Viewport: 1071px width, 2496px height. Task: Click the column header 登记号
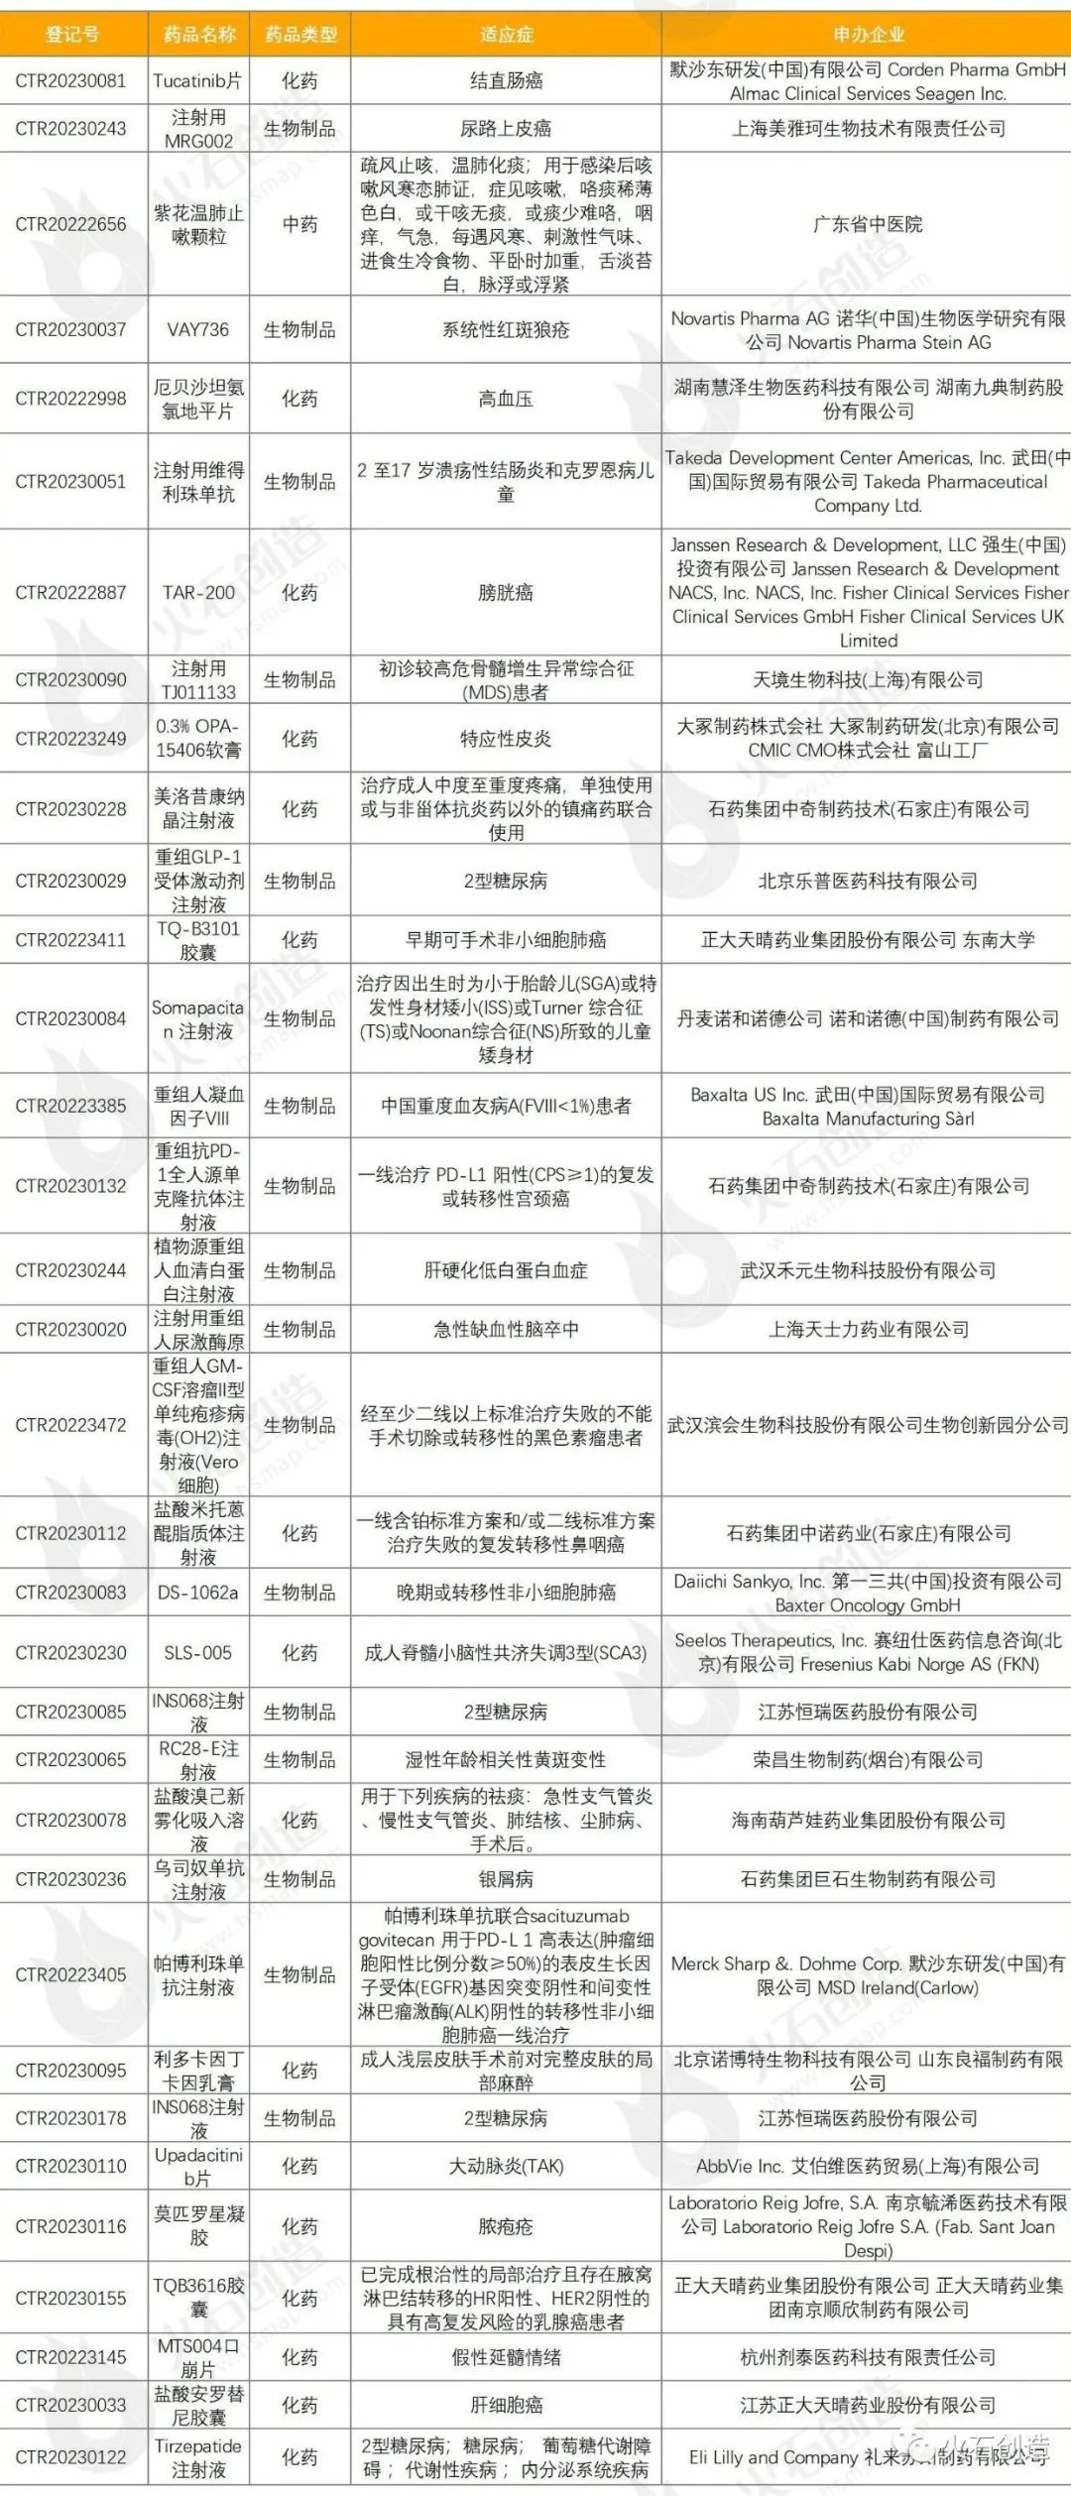(x=72, y=35)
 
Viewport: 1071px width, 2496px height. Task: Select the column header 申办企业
(x=868, y=35)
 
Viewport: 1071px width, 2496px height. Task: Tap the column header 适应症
(x=506, y=35)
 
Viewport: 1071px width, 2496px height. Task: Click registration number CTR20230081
(x=71, y=81)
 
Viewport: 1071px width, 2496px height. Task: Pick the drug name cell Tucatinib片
(x=198, y=81)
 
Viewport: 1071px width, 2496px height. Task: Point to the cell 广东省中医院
(x=868, y=224)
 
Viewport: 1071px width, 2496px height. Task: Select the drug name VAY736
(x=198, y=329)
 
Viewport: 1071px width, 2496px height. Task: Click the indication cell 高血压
(x=506, y=399)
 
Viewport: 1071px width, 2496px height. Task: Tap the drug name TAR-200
(x=198, y=592)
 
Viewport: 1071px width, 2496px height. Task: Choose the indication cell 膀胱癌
(x=506, y=592)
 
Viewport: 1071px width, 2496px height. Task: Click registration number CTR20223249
(x=71, y=739)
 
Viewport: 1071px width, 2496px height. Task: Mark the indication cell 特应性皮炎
(x=506, y=739)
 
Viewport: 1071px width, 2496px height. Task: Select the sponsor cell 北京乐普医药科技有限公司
(x=868, y=881)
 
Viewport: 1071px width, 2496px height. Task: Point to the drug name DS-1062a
(x=198, y=1593)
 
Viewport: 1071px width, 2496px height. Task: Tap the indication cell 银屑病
(x=506, y=1879)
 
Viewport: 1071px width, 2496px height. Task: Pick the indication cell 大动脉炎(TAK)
(x=506, y=2166)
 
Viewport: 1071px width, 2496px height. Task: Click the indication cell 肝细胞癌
(x=506, y=2405)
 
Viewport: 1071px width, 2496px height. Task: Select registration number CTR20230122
(x=71, y=2456)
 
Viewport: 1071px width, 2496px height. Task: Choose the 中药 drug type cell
(x=299, y=224)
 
